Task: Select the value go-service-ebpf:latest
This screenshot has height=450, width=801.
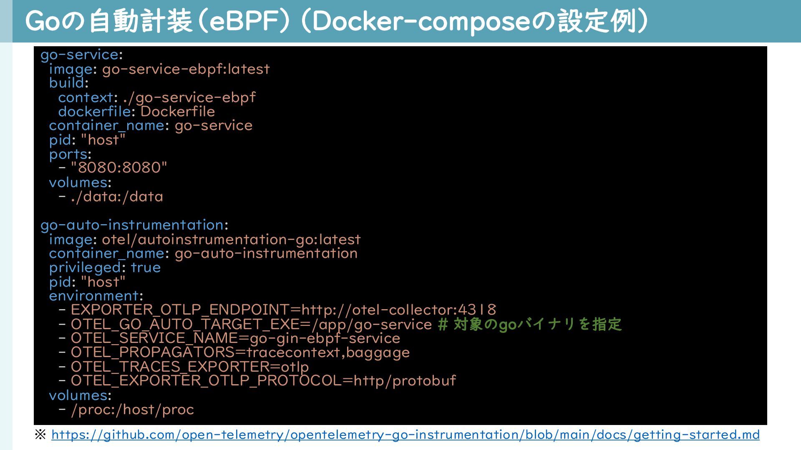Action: [186, 69]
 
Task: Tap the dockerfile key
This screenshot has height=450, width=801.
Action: [94, 112]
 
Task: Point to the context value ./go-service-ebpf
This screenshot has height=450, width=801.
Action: [189, 97]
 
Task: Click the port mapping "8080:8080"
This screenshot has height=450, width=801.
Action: [119, 168]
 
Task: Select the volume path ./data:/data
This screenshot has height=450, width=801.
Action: [117, 197]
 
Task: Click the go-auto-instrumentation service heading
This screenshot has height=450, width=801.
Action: [132, 225]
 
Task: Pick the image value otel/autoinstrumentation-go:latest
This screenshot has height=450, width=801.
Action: [231, 240]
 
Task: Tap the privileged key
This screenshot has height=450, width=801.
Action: [85, 267]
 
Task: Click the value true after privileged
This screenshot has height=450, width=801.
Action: [146, 267]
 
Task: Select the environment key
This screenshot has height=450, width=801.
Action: [93, 296]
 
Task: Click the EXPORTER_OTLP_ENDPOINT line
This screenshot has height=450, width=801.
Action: [283, 310]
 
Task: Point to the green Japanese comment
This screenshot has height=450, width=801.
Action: [530, 324]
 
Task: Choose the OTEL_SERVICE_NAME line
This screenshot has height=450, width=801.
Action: [235, 338]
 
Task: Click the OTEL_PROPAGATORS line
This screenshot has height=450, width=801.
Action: [240, 352]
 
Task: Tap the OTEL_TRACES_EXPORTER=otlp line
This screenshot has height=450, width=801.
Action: [190, 367]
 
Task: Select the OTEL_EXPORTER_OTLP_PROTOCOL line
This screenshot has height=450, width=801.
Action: [263, 381]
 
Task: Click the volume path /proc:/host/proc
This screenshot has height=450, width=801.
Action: [132, 410]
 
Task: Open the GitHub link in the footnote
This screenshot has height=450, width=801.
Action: [405, 435]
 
